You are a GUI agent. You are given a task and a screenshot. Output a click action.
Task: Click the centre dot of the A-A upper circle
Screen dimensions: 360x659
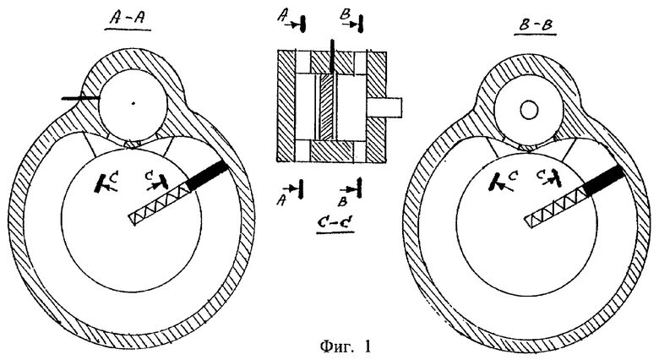coord(132,104)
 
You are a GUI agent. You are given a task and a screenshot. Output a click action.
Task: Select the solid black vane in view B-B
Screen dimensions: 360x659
coord(606,183)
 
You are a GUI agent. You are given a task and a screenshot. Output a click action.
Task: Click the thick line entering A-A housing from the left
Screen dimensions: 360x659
coord(78,100)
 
